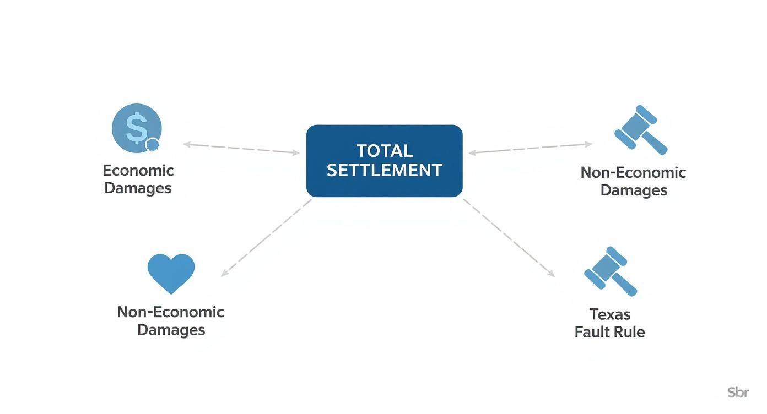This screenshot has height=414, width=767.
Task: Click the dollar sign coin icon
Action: coord(136,128)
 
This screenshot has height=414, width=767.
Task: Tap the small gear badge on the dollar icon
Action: coord(152,144)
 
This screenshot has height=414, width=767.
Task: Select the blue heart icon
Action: coord(171,273)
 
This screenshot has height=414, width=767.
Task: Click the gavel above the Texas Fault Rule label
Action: coord(610,271)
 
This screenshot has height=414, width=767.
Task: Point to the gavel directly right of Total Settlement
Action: coord(640,130)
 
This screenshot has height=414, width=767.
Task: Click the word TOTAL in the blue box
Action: coord(385,151)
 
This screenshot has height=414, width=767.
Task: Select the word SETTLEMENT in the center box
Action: coord(385,170)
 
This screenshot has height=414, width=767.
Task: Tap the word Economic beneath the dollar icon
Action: coord(138,170)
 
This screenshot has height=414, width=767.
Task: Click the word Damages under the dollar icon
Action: coord(138,188)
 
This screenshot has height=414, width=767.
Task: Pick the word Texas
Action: coord(610,314)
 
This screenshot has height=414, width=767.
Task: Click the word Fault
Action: coord(592,332)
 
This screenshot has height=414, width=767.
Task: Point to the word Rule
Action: coord(629,332)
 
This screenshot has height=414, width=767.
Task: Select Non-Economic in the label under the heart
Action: coord(171,312)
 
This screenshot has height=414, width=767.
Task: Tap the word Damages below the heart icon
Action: coord(171,330)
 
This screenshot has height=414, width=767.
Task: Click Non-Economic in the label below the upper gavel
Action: coord(633,172)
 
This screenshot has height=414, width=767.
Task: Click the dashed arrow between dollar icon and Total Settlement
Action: coord(241,148)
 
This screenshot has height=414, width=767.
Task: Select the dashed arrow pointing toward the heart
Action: coord(266,238)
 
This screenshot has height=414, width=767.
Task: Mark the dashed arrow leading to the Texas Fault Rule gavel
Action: coord(509,238)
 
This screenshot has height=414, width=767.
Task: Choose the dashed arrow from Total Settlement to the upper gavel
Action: coord(530,149)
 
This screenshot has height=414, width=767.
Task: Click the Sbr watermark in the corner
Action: coord(738,393)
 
